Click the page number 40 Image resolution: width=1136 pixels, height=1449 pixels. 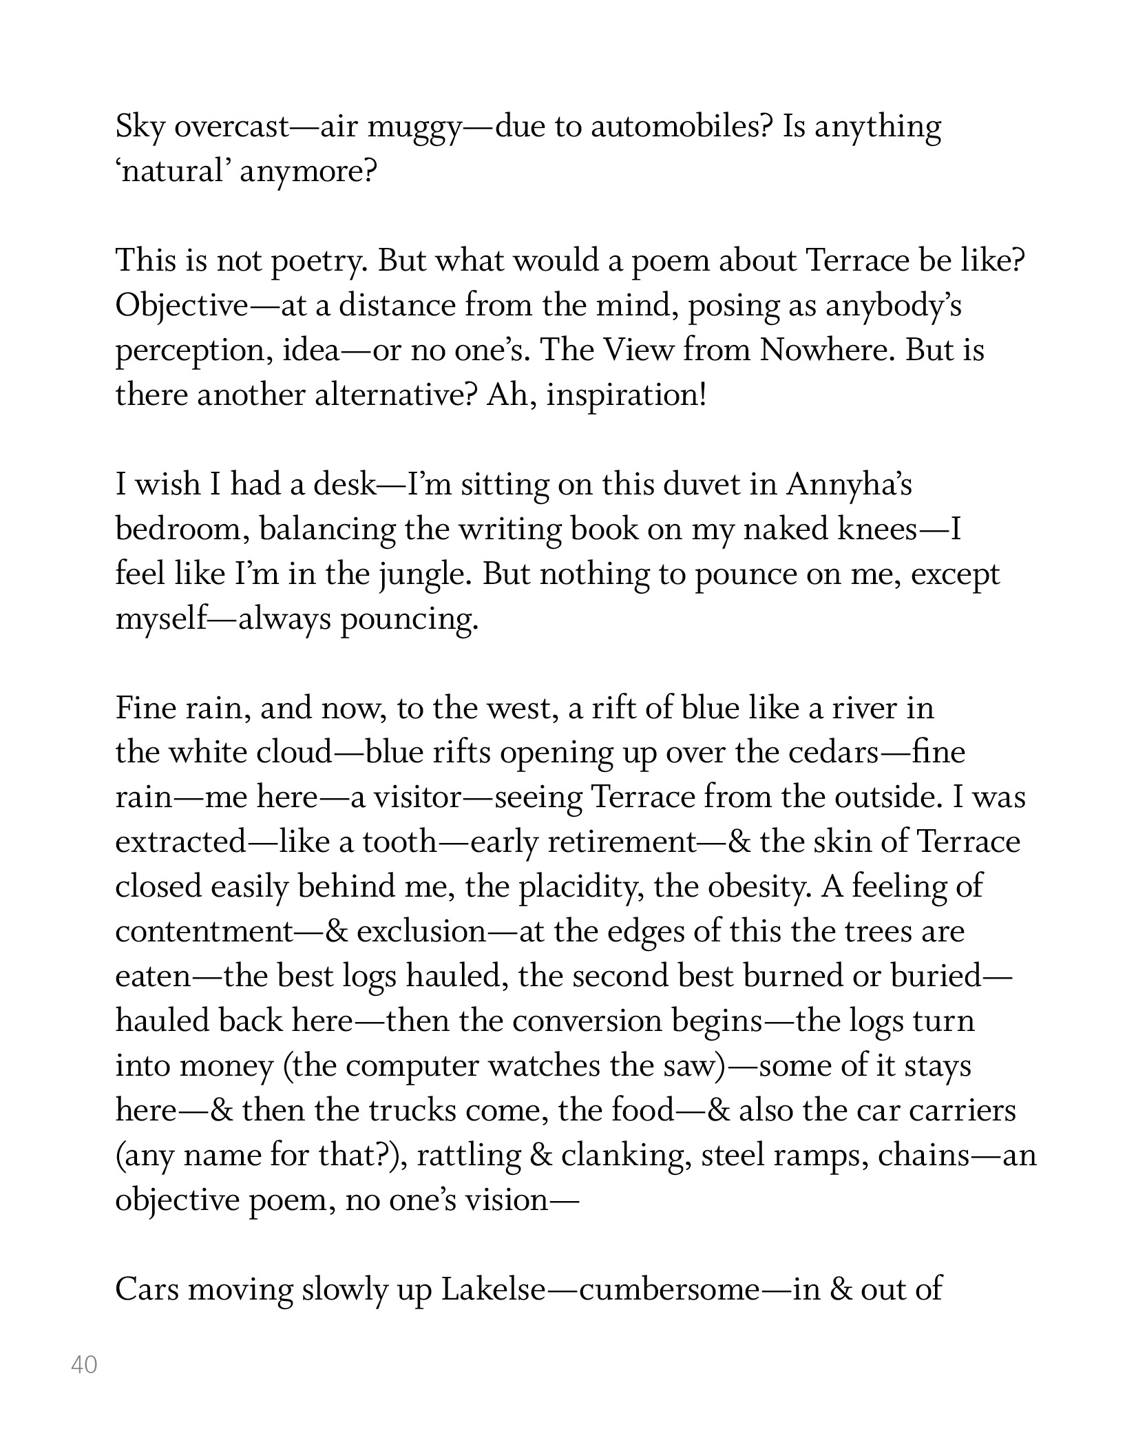click(84, 1364)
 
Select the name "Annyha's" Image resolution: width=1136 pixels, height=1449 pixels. click(849, 486)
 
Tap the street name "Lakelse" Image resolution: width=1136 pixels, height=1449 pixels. click(493, 1289)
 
